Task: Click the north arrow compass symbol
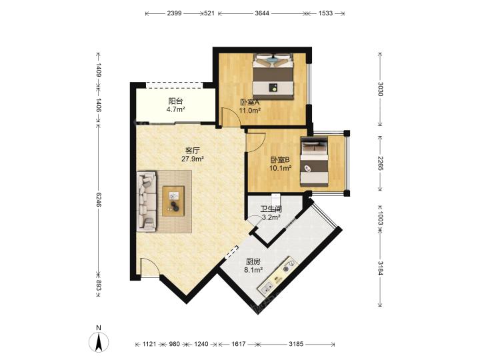point(99,341)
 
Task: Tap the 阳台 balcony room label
point(175,101)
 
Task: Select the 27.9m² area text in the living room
point(193,159)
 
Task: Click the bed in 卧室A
point(273,76)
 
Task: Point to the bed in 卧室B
point(315,161)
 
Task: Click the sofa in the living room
point(147,201)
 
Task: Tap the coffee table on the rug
point(173,201)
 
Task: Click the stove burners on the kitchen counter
point(289,265)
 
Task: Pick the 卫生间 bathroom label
point(271,209)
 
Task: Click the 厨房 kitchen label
point(253,262)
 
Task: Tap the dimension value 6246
point(99,199)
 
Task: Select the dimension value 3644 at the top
point(262,13)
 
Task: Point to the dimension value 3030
point(380,89)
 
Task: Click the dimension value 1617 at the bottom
point(238,344)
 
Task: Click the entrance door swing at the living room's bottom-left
point(150,267)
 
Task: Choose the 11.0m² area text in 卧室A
point(250,111)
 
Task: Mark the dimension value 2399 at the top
point(174,13)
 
